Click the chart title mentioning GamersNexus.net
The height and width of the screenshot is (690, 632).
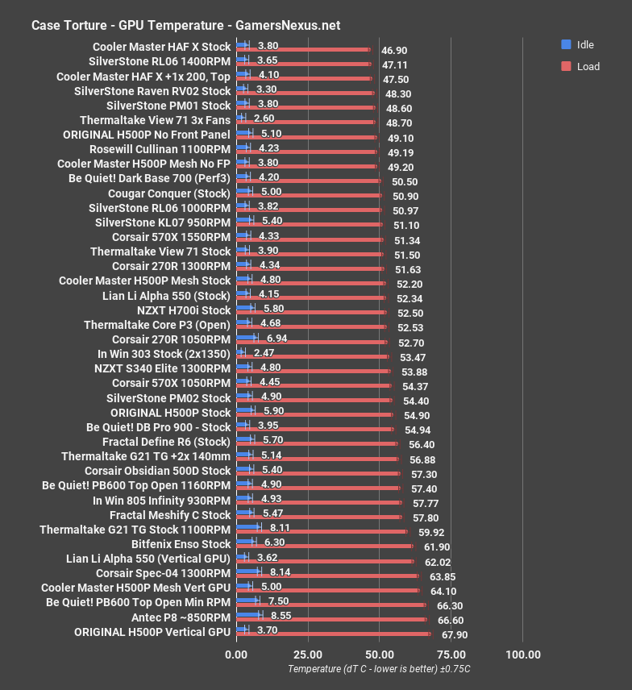[185, 25]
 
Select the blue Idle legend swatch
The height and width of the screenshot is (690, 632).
[566, 44]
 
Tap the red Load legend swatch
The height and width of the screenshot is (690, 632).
[566, 66]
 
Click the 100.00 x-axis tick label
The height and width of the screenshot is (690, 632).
[523, 655]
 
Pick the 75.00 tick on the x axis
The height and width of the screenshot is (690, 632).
[451, 655]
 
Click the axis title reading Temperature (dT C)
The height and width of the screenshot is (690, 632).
[379, 669]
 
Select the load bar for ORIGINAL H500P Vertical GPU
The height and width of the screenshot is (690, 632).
[334, 635]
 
